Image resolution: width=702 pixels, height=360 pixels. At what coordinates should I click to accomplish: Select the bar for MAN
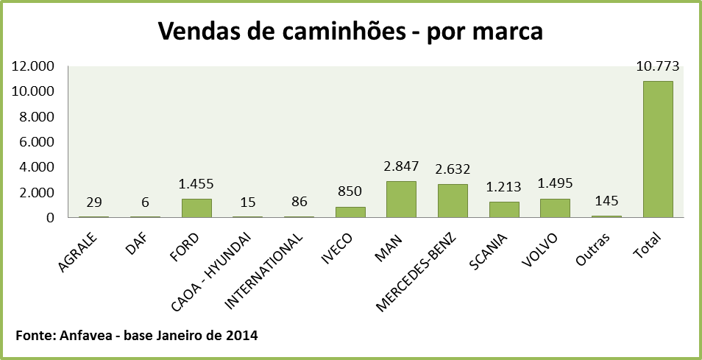pos(401,199)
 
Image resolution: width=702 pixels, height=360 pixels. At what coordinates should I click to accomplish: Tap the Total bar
pos(657,149)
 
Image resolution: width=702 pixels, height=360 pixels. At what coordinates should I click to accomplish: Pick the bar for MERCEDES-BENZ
pos(453,200)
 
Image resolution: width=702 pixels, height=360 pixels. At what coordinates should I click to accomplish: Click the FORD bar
pos(196,208)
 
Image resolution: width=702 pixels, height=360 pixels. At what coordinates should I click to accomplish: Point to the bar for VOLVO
pos(555,208)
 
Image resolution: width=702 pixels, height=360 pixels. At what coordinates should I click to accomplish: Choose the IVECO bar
pos(350,212)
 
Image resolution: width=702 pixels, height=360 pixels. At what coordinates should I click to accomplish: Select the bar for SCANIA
pos(504,209)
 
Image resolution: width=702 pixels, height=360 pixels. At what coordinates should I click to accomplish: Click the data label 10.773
pos(657,66)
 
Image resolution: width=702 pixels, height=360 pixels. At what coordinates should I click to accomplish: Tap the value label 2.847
pos(401,166)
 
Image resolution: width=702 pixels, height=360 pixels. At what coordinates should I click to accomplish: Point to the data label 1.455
pos(196,184)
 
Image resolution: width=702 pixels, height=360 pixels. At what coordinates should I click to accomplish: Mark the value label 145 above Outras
pos(606,200)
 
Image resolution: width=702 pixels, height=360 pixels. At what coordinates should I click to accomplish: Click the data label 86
pos(299,200)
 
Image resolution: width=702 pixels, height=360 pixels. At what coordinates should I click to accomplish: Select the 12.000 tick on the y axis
pos(34,66)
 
